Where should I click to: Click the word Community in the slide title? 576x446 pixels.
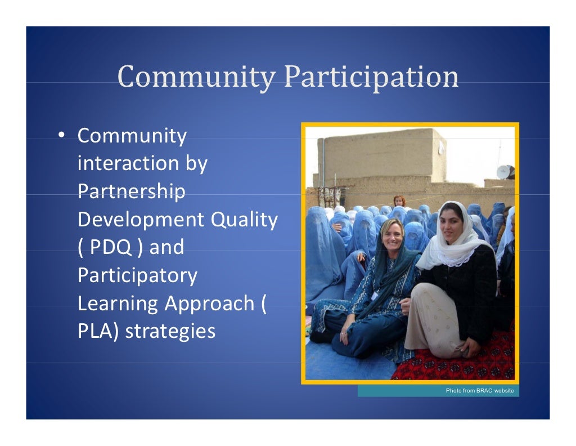pyautogui.click(x=196, y=77)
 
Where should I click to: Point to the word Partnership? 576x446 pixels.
pyautogui.click(x=131, y=191)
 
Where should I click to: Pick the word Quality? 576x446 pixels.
pyautogui.click(x=244, y=219)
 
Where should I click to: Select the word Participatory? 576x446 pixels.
pyautogui.click(x=137, y=275)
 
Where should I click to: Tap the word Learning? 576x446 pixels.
pyautogui.click(x=118, y=303)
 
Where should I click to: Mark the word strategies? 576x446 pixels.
pyautogui.click(x=170, y=331)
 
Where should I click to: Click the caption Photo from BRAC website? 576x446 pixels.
pyautogui.click(x=479, y=391)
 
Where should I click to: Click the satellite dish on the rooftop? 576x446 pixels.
pyautogui.click(x=503, y=171)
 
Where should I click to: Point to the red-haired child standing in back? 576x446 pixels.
pyautogui.click(x=399, y=200)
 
